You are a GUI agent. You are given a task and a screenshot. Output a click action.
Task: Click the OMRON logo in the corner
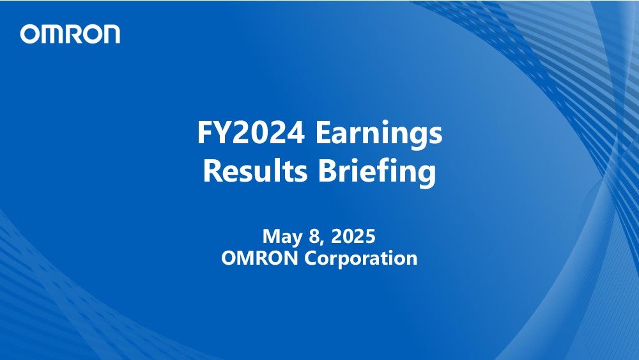point(70,34)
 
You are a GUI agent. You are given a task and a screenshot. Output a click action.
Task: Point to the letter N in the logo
point(111,34)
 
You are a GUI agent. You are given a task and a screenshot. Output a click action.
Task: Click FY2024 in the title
point(250,132)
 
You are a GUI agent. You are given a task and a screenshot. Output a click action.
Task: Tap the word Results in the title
point(255,171)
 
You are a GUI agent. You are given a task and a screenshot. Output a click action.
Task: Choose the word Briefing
point(377,172)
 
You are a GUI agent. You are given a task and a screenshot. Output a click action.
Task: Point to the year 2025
point(353,236)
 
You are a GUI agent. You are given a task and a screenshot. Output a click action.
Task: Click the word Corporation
point(361,258)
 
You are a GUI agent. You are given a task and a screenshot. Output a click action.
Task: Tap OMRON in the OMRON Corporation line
point(259,258)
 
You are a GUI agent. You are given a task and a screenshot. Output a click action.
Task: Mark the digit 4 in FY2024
point(295,132)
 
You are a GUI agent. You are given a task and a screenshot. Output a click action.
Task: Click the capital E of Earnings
point(323,132)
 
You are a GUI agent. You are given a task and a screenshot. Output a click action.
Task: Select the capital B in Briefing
point(327,171)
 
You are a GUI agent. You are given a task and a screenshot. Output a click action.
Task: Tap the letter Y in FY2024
point(220,132)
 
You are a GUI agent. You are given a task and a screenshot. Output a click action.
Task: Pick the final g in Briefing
point(426,176)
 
